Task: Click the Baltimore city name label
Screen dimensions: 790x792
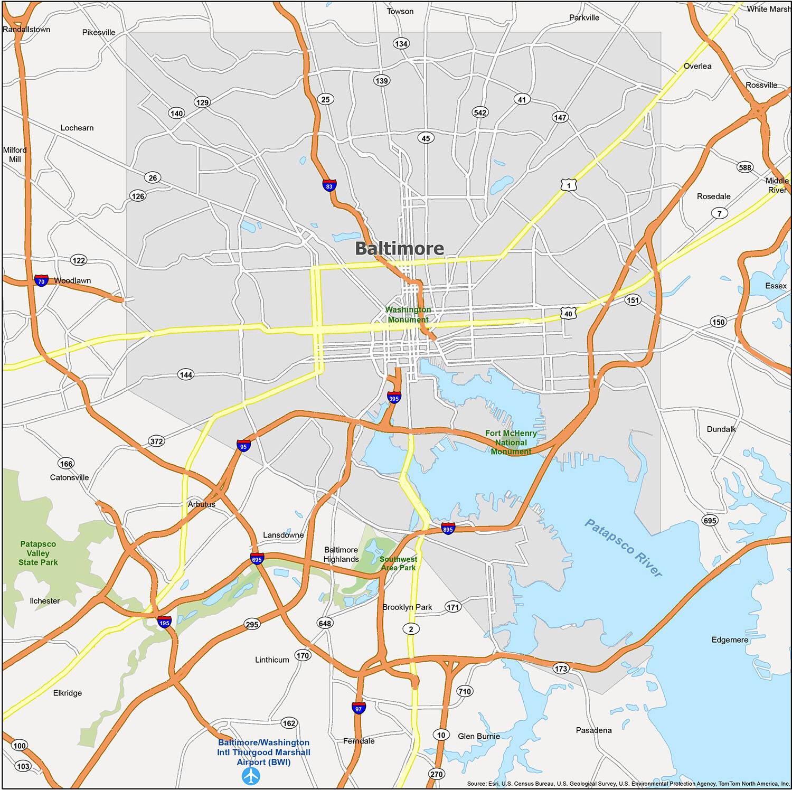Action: (x=399, y=248)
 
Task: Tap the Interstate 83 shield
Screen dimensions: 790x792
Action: (x=329, y=185)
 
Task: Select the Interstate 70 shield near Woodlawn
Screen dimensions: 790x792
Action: (x=41, y=280)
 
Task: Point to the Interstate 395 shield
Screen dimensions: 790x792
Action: (x=394, y=398)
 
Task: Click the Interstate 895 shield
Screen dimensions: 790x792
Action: (x=448, y=528)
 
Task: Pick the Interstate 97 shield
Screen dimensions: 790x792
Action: (x=359, y=708)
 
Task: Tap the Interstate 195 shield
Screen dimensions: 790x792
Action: (x=164, y=622)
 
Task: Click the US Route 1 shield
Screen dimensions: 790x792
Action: (x=569, y=185)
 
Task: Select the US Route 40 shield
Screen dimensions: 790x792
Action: (x=568, y=313)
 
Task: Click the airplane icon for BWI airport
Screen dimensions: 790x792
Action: (x=251, y=776)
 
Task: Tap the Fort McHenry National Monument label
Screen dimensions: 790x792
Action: (x=511, y=442)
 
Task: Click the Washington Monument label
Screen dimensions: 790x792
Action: (x=408, y=314)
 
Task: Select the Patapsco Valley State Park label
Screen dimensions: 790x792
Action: (x=38, y=553)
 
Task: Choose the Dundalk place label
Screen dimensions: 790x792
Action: (x=721, y=429)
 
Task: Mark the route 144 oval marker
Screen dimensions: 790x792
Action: (x=186, y=374)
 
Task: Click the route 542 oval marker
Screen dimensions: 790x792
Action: (x=480, y=112)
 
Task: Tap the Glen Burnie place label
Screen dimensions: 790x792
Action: (x=478, y=736)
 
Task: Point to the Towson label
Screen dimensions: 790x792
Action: (x=400, y=11)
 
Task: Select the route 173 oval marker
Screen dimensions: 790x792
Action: (x=561, y=669)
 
